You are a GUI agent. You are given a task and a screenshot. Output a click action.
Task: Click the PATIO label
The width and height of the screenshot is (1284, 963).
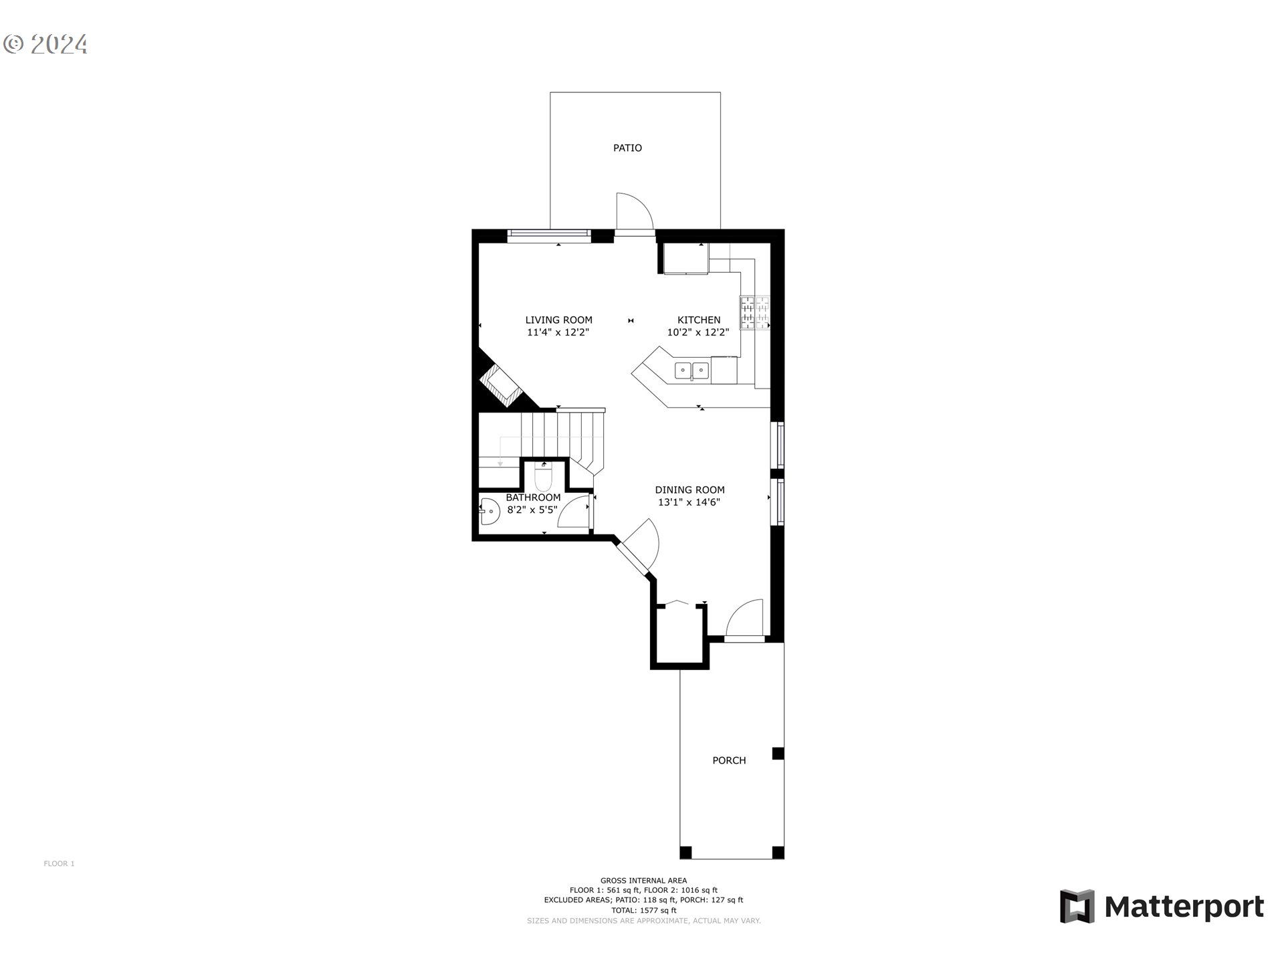click(x=627, y=148)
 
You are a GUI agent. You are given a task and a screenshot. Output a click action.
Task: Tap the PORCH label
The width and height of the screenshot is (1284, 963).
click(x=729, y=760)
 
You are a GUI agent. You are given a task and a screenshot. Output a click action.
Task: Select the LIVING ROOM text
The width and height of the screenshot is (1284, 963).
click(x=558, y=320)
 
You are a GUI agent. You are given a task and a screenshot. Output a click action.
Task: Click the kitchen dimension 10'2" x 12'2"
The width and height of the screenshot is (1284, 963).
click(x=698, y=332)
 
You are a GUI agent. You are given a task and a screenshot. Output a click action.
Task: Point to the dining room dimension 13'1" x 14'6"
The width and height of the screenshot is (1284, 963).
click(x=689, y=502)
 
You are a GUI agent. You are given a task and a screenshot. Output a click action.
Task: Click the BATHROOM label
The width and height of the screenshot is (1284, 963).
click(x=533, y=498)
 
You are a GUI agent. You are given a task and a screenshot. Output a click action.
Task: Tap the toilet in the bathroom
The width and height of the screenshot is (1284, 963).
click(x=543, y=477)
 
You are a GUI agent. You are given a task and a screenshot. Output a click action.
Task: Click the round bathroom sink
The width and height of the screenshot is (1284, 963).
click(x=490, y=511)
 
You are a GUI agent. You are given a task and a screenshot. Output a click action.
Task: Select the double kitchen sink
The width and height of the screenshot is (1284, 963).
click(x=691, y=369)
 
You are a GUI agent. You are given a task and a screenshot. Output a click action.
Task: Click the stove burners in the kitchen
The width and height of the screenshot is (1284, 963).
click(x=754, y=312)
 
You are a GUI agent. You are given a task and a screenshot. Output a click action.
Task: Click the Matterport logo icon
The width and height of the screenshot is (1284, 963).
click(x=1077, y=906)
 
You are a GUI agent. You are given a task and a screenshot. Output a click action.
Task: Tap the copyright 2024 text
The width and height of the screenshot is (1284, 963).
click(x=45, y=44)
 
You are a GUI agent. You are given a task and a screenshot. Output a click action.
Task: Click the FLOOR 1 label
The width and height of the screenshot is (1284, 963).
click(x=59, y=863)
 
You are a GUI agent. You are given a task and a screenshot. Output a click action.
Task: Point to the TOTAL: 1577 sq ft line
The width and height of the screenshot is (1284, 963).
click(x=643, y=910)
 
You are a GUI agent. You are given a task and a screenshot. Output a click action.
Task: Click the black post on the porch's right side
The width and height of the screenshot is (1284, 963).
click(x=778, y=754)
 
